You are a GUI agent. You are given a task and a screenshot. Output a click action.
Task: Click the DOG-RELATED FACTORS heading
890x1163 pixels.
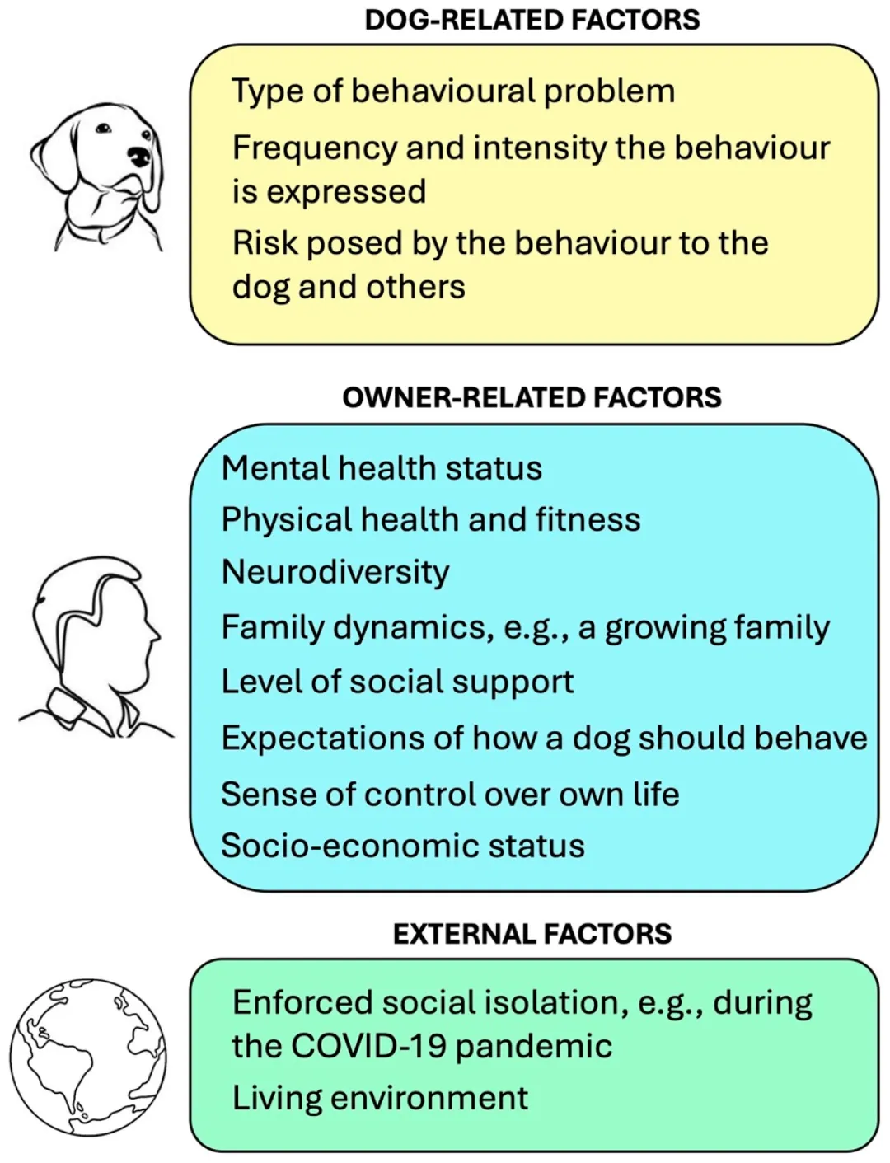click(x=532, y=20)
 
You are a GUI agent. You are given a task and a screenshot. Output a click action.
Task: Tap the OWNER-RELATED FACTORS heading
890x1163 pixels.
click(x=532, y=397)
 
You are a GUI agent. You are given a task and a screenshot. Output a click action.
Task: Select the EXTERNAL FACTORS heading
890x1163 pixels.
click(x=532, y=934)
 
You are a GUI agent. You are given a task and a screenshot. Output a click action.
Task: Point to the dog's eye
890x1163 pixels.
click(x=103, y=129)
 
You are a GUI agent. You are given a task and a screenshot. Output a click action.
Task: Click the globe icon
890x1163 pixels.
click(x=88, y=1057)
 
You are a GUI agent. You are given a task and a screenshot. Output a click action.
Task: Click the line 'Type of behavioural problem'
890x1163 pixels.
click(x=453, y=91)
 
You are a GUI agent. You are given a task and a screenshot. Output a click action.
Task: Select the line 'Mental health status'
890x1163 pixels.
click(x=382, y=468)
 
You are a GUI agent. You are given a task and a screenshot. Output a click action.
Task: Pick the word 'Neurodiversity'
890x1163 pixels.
click(x=335, y=572)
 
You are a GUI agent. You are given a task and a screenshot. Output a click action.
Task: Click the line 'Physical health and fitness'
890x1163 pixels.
click(x=431, y=520)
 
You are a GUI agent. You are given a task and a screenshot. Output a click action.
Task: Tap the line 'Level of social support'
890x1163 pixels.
click(x=397, y=682)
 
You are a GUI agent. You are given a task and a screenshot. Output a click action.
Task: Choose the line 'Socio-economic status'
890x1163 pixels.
click(x=403, y=846)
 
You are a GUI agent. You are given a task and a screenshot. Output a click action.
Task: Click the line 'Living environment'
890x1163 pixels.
click(x=380, y=1098)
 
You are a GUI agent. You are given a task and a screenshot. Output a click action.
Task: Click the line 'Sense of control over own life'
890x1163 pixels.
click(x=450, y=795)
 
